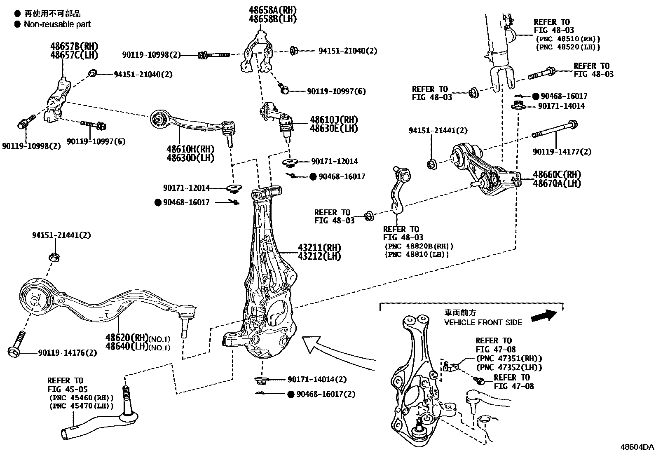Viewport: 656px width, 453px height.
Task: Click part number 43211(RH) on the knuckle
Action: pos(319,248)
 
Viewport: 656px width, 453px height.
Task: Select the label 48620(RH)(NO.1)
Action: pos(138,339)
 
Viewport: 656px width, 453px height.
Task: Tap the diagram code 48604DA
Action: pos(637,447)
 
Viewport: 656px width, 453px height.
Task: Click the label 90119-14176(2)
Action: pos(68,353)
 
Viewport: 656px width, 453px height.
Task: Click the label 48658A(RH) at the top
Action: pos(272,10)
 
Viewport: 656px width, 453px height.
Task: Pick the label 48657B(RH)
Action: pos(75,46)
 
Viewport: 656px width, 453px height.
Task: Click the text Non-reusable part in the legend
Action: pos(57,24)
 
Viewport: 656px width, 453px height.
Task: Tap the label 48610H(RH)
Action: pos(190,149)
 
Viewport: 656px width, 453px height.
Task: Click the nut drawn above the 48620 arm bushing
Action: pos(54,257)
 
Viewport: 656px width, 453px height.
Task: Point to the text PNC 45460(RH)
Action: pos(81,398)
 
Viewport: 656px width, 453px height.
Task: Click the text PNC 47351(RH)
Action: pos(509,359)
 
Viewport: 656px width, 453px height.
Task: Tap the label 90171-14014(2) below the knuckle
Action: pos(317,379)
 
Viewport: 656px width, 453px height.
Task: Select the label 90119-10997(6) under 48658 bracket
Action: pos(336,91)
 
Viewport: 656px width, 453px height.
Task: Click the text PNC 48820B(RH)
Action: pos(419,246)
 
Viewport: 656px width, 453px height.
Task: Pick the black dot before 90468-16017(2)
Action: pos(291,394)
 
